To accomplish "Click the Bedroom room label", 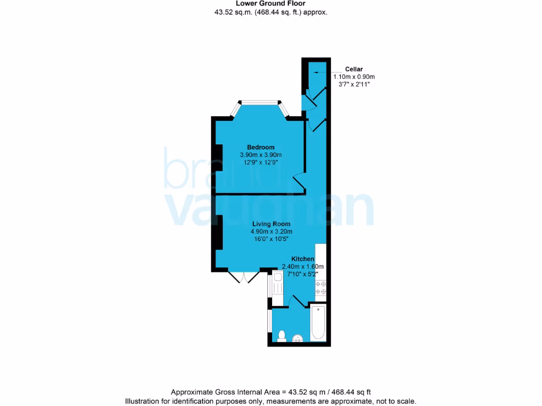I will (261, 147).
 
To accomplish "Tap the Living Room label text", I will (271, 224).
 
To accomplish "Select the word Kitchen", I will (303, 259).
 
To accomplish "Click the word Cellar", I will (354, 69).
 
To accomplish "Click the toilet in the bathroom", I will (282, 336).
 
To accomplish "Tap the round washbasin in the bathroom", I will (297, 338).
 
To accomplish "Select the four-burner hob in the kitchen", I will (320, 288).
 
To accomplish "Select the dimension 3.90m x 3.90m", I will (261, 155).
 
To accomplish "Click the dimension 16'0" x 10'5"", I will (271, 239).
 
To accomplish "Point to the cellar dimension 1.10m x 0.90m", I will (354, 77).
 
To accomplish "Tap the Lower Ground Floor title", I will (270, 3).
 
